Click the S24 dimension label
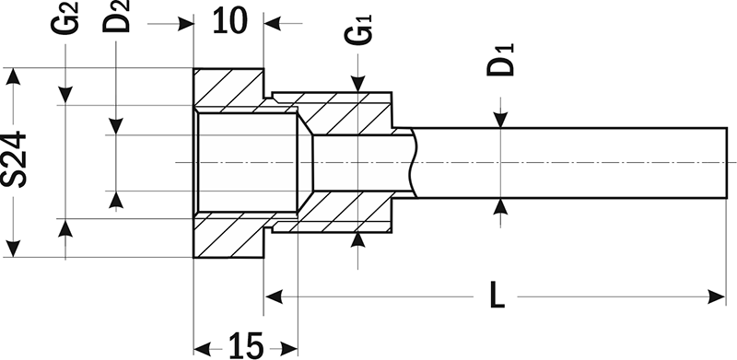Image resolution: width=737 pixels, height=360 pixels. [14, 159]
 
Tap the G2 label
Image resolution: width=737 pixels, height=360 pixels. [64, 18]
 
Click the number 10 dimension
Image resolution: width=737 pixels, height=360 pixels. [229, 20]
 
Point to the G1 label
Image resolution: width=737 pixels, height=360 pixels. [358, 29]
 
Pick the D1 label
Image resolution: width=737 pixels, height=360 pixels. [501, 60]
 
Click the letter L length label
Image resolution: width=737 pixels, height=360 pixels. [496, 296]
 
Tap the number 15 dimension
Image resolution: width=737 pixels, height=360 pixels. [246, 346]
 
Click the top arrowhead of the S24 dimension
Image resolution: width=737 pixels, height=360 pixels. [14, 76]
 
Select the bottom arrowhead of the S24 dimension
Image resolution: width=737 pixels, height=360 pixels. [14, 250]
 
